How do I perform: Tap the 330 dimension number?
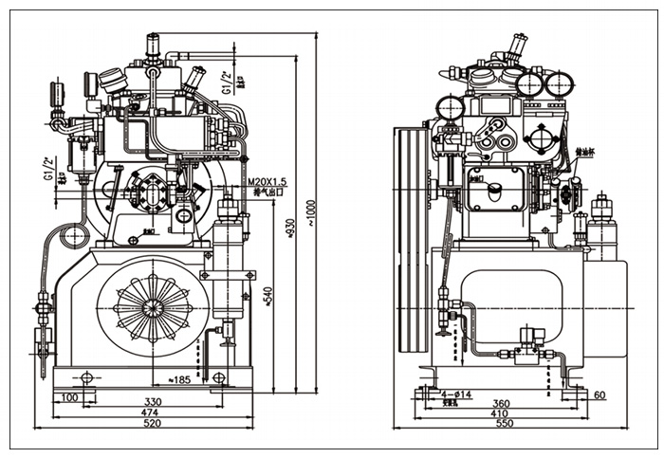click(152, 402)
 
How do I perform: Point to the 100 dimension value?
click(69, 395)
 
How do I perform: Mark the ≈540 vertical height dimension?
click(268, 295)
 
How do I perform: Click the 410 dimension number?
click(500, 414)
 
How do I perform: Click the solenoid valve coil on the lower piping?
click(531, 336)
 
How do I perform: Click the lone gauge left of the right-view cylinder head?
click(449, 107)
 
